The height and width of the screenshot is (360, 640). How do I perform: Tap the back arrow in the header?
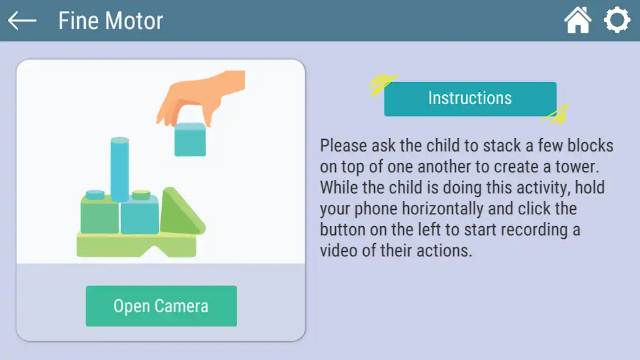pos(22,21)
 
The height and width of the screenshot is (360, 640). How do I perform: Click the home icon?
pos(577,21)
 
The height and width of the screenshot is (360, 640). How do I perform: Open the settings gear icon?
pos(616,21)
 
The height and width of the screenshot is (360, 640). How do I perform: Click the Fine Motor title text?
pos(111,21)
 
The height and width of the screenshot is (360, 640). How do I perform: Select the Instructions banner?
pos(470,99)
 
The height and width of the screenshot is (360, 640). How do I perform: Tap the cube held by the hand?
pos(190,139)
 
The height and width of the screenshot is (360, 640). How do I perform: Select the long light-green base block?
pos(135,244)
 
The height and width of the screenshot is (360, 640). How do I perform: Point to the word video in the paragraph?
pos(338,251)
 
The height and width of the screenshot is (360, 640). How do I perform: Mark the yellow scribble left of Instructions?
pos(383,85)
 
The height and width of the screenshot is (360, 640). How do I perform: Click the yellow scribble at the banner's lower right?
pos(555,114)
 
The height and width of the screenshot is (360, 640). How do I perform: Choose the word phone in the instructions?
pos(372,209)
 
